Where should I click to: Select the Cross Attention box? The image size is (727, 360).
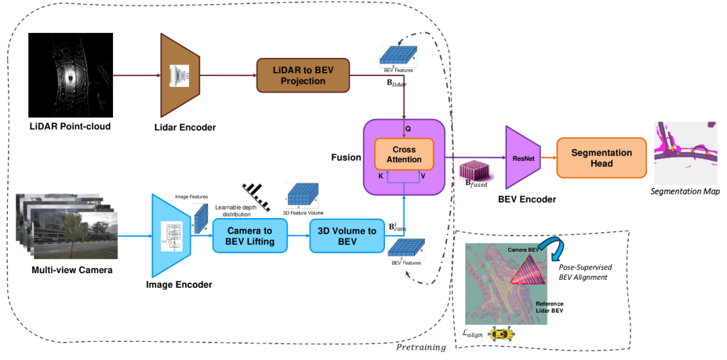pyautogui.click(x=404, y=154)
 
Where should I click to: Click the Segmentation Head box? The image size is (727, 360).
pyautogui.click(x=601, y=158)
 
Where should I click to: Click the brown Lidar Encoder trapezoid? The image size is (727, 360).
pyautogui.click(x=178, y=75)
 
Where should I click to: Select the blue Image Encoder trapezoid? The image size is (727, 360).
pyautogui.click(x=173, y=236)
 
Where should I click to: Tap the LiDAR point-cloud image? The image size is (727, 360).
pyautogui.click(x=69, y=75)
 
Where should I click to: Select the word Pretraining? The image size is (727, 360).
pyautogui.click(x=421, y=347)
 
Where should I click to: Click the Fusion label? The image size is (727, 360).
pyautogui.click(x=347, y=158)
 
